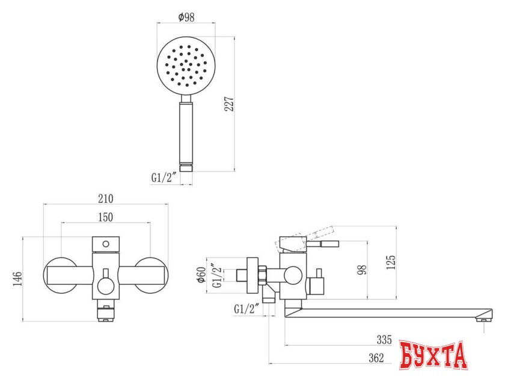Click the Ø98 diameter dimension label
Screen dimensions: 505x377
click(x=186, y=17)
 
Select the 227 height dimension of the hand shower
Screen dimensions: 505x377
click(x=229, y=104)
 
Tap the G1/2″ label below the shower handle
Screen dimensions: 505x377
click(x=164, y=178)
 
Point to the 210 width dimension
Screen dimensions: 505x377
click(x=106, y=198)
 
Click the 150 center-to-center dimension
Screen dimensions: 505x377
click(x=106, y=217)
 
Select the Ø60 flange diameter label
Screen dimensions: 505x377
click(x=201, y=275)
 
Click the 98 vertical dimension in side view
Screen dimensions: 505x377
click(x=363, y=270)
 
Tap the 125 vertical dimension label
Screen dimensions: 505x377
click(x=391, y=262)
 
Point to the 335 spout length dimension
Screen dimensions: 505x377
click(x=384, y=340)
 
